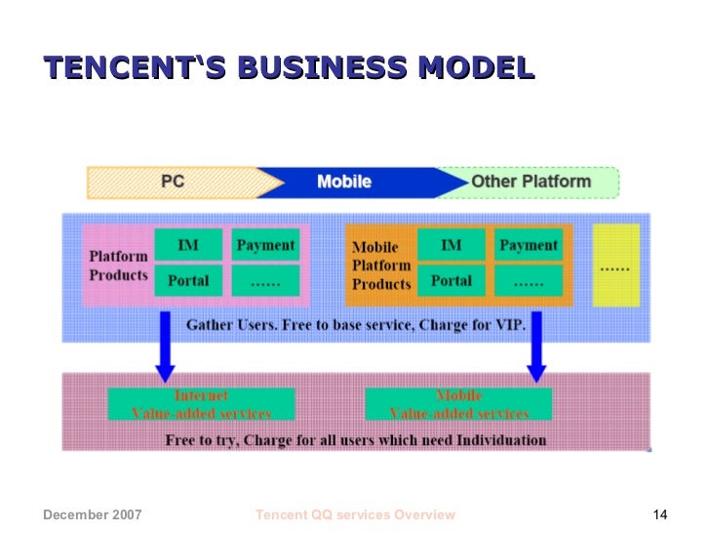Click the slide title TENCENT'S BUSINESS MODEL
click(289, 68)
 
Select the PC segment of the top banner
click(174, 182)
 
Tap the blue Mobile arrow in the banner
click(344, 182)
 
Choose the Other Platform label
click(531, 182)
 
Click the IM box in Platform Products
click(188, 246)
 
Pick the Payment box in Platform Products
click(265, 246)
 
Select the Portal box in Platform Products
click(188, 280)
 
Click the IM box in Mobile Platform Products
click(451, 246)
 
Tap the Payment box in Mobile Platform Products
click(529, 246)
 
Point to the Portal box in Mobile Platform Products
click(451, 280)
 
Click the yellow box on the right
click(615, 265)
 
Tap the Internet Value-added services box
click(201, 404)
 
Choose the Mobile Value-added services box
click(458, 404)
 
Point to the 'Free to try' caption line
click(355, 439)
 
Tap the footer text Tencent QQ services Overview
click(354, 515)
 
